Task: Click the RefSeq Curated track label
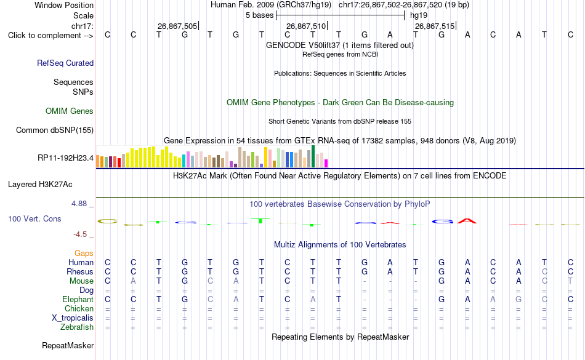click(65, 63)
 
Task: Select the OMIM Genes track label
click(70, 111)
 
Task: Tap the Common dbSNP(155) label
click(55, 130)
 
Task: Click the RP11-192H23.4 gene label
click(66, 158)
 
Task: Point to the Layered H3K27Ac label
click(40, 185)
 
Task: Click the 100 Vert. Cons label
click(34, 218)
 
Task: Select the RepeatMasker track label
click(68, 345)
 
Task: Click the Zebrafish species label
click(77, 327)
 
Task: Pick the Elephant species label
click(78, 299)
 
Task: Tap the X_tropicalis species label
click(73, 318)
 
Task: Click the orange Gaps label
click(84, 254)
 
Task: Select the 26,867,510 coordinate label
click(306, 26)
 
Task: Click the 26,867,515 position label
click(435, 26)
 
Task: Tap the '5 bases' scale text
click(260, 15)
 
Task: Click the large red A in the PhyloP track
click(467, 221)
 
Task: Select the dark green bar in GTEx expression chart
click(313, 156)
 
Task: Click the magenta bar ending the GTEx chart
click(326, 163)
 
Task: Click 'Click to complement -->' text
click(50, 36)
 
